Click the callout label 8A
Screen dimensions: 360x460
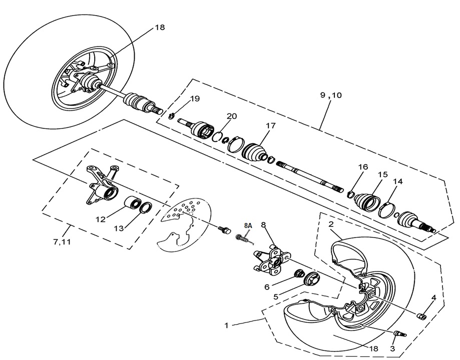pos(248,226)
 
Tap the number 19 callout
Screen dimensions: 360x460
pos(195,99)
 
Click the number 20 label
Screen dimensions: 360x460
pos(231,116)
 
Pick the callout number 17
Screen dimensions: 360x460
pos(270,126)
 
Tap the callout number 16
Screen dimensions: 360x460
pos(363,167)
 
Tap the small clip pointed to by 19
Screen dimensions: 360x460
pos(172,117)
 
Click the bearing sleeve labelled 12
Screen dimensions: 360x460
pos(133,204)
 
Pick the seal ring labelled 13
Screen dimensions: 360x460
pos(146,207)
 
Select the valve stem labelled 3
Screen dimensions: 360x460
pos(400,333)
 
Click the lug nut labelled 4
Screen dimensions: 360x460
pos(421,315)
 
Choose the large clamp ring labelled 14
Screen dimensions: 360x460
pos(387,209)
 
